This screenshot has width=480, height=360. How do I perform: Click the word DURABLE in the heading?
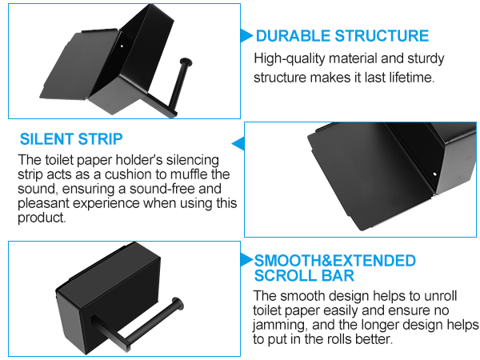tap(294, 36)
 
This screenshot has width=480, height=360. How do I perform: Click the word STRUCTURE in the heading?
tap(382, 36)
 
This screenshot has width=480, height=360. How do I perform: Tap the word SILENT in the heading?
tap(47, 139)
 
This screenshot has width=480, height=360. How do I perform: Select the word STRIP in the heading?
tap(101, 139)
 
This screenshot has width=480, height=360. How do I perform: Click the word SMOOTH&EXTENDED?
tap(335, 261)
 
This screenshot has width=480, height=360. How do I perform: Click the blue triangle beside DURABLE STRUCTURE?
tap(246, 35)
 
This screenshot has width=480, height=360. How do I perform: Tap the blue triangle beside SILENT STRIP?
tap(238, 143)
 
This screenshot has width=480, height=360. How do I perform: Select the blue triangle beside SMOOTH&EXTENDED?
tap(246, 259)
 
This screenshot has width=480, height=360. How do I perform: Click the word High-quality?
tap(290, 58)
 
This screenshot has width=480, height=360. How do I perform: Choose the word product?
tap(42, 218)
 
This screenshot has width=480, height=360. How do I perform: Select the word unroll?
tap(441, 296)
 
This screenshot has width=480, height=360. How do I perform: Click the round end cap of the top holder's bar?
tap(186, 62)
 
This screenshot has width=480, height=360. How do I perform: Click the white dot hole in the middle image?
tap(434, 174)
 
